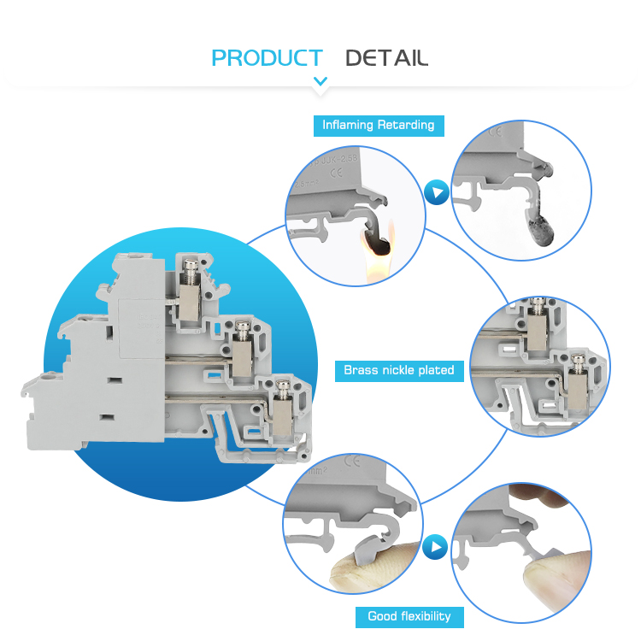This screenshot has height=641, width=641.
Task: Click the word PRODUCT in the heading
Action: pos(267,58)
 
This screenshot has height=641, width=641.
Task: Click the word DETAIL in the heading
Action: pos(386,58)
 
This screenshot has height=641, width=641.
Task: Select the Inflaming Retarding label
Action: pos(378,125)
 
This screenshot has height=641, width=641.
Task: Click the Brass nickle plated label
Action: pos(399,370)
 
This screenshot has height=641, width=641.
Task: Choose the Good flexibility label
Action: pos(409,616)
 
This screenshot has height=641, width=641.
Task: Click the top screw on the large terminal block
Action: pos(190,271)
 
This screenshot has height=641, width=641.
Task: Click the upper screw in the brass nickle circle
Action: pos(539,303)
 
